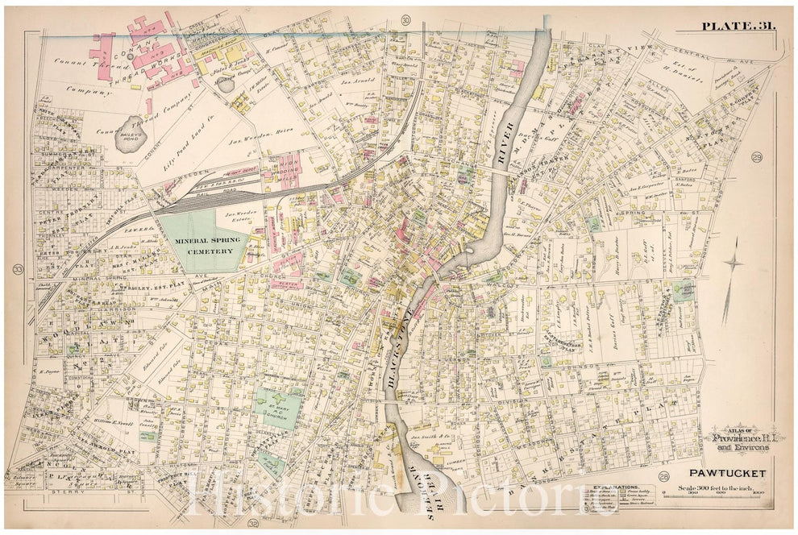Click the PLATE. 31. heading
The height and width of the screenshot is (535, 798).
738,26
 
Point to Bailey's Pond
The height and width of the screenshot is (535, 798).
131,126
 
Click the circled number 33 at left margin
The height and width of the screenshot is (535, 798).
18,268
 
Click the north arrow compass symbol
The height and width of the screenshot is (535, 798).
733,274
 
